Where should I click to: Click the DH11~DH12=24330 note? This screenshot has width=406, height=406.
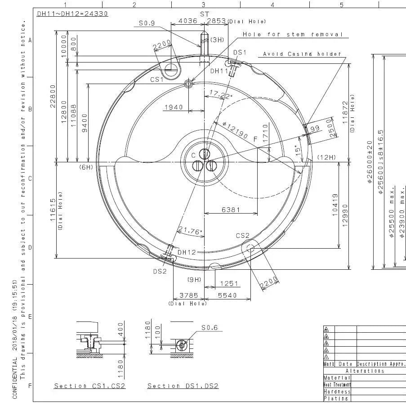[x=72, y=13]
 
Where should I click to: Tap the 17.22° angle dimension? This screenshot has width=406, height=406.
[x=221, y=95]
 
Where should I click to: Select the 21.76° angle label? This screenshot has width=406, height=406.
[x=190, y=231]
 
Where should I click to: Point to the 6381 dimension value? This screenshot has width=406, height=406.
[x=231, y=210]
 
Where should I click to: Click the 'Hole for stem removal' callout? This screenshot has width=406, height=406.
[x=293, y=35]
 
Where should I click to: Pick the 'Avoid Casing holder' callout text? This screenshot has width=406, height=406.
[x=302, y=54]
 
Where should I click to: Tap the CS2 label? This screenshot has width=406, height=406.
[x=243, y=236]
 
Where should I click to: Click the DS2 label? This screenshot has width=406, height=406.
[x=160, y=271]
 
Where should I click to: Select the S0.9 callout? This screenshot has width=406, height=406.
[x=147, y=22]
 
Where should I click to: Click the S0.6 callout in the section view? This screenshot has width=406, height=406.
[x=210, y=328]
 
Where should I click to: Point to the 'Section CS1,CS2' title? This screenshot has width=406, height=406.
[x=90, y=386]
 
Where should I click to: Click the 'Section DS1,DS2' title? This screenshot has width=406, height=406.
[x=183, y=386]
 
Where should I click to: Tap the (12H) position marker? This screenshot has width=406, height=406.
[x=326, y=157]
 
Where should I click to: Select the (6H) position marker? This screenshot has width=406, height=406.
[x=86, y=167]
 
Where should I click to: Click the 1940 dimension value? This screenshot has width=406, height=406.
[x=174, y=107]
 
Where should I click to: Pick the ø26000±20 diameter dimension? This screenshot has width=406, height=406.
[x=369, y=162]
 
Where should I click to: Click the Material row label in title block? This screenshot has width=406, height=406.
[x=337, y=378]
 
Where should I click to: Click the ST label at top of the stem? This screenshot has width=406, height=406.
[x=205, y=14]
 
